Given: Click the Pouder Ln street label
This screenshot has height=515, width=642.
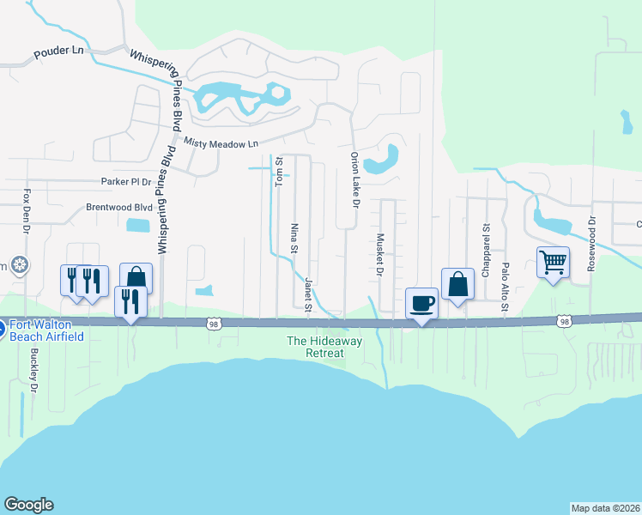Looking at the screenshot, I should [58, 52].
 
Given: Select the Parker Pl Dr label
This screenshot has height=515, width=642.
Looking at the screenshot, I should [125, 182].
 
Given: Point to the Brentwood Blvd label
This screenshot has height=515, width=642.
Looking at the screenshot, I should [118, 208].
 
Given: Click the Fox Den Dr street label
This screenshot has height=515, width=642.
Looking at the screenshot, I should [27, 211].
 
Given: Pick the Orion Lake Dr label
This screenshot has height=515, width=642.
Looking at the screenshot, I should [354, 179].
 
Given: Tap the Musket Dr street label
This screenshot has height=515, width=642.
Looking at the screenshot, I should [379, 255].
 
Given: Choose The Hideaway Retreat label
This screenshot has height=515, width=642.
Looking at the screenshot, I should [315, 347].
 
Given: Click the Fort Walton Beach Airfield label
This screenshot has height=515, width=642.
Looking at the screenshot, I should [47, 330].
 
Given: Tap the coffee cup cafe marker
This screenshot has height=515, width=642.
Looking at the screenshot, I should [421, 303].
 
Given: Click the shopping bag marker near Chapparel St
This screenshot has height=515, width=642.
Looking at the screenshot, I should [458, 284].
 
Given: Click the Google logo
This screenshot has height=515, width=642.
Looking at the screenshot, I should [28, 505].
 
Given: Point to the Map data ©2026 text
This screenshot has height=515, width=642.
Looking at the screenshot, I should [606, 508].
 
